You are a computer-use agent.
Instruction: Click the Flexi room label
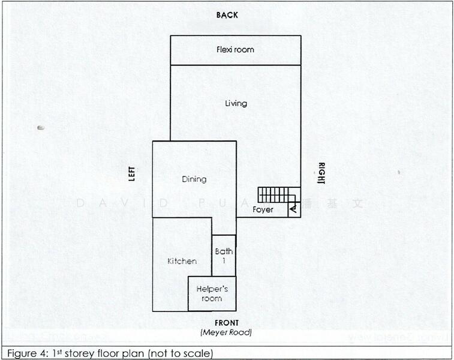[235, 50]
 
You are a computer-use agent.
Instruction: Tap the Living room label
[236, 104]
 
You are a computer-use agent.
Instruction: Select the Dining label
[194, 179]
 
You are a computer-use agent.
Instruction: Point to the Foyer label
[263, 210]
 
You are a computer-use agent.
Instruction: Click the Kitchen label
[182, 261]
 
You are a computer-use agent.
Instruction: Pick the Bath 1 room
[224, 256]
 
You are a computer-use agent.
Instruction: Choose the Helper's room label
[212, 293]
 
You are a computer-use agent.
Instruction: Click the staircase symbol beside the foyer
[278, 195]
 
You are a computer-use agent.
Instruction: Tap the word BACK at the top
[227, 15]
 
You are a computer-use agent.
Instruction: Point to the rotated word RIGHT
[321, 173]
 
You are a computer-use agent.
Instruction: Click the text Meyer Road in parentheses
[226, 332]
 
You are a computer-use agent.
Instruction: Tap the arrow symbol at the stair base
[293, 209]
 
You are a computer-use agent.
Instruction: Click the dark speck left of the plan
[41, 127]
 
